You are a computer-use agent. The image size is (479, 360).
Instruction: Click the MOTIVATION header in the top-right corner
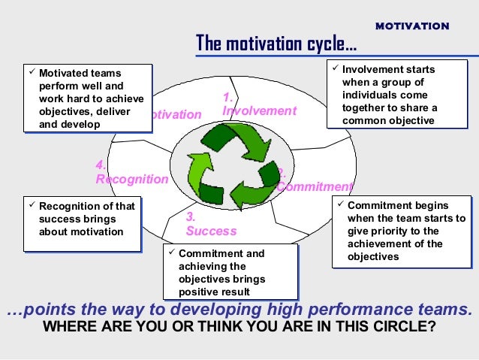click(x=412, y=26)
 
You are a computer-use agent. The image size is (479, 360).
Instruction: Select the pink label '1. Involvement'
click(x=259, y=104)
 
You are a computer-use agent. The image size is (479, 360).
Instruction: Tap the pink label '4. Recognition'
click(x=131, y=173)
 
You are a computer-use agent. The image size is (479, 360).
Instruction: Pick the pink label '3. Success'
click(x=210, y=225)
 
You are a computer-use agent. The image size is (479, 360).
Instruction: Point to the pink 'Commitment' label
click(x=314, y=186)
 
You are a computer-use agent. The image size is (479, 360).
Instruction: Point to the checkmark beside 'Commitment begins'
click(x=340, y=204)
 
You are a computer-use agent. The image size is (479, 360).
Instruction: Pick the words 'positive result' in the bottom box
click(x=213, y=292)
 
